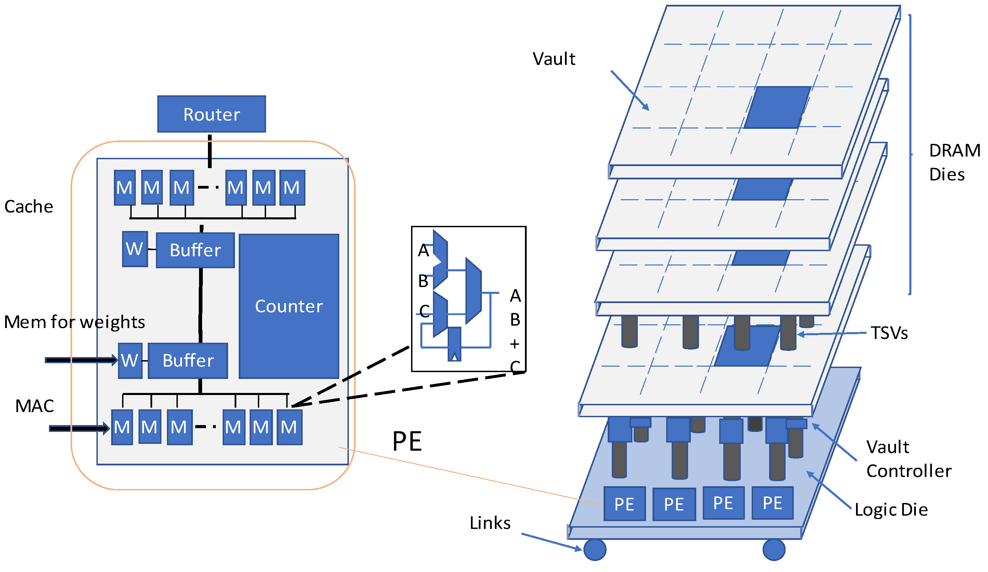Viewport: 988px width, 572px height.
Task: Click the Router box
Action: point(212,114)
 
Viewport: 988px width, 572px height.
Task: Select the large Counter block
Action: point(289,307)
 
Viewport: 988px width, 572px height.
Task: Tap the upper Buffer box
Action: point(195,250)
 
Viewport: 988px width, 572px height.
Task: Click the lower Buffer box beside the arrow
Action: point(188,361)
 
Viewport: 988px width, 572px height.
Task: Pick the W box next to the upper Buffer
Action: point(135,249)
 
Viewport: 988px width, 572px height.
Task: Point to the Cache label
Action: point(29,207)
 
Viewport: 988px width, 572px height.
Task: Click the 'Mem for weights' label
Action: point(75,322)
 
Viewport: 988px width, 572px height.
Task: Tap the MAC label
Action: point(35,406)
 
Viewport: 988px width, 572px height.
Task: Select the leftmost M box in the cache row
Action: point(125,188)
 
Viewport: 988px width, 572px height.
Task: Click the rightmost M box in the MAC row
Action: point(289,427)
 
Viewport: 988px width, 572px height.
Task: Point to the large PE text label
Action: point(407,442)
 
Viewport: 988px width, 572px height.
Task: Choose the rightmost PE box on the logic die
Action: point(772,503)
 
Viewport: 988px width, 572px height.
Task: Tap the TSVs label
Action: point(889,333)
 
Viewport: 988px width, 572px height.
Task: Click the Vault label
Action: point(554,59)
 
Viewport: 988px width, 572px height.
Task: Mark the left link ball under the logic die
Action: point(595,550)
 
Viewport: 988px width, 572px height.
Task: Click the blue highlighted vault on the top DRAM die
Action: point(777,107)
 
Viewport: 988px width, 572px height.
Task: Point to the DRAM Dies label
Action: point(953,162)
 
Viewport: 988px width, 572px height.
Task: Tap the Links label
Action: point(490,523)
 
